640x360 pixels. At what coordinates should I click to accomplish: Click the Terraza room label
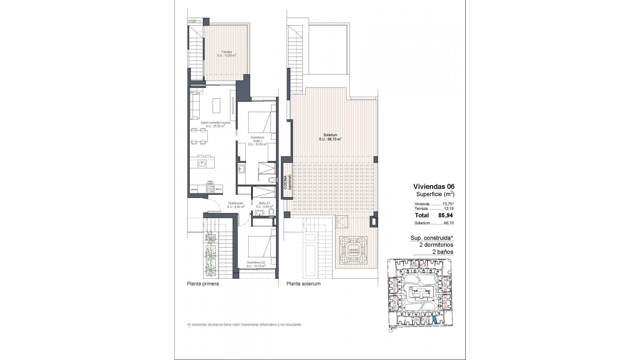[x=227, y=54]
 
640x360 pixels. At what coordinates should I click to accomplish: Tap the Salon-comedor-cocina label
[x=215, y=124]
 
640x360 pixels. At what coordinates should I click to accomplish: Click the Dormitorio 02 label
[x=256, y=264]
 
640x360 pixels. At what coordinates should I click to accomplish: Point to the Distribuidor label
[x=235, y=205]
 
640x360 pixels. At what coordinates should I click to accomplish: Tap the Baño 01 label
[x=264, y=205]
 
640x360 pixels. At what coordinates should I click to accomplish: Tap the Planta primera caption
[x=203, y=284]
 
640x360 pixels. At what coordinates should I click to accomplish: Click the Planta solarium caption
[x=303, y=284]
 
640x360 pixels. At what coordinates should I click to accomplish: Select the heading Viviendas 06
[x=434, y=187]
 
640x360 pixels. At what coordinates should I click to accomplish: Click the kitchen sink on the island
[x=202, y=164]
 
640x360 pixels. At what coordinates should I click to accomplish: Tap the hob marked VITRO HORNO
[x=210, y=189]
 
